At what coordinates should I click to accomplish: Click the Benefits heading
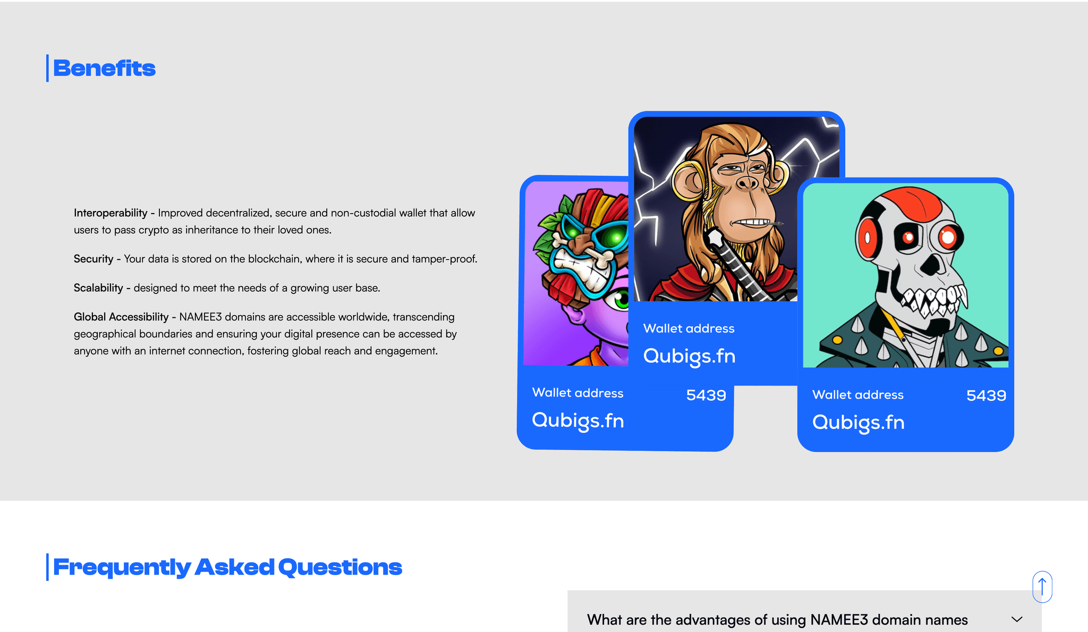coord(104,69)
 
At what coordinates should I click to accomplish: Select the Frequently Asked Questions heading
coord(227,567)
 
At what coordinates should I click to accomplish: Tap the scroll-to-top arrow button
coord(1042,587)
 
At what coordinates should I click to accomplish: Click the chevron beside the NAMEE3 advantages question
coord(1017,619)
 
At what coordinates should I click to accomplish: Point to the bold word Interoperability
coord(110,213)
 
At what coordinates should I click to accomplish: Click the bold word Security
coord(93,259)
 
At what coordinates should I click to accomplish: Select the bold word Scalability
coord(98,288)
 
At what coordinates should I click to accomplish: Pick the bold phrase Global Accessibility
coord(121,317)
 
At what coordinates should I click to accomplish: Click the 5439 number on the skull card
coord(986,395)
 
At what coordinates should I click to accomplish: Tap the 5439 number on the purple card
coord(706,395)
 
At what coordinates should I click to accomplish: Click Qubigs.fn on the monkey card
coord(689,356)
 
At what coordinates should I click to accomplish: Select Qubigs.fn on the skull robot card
coord(858,423)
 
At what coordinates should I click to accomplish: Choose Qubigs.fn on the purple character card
coord(578,420)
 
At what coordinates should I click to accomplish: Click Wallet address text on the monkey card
coord(689,328)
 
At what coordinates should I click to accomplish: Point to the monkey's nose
coord(747,183)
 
